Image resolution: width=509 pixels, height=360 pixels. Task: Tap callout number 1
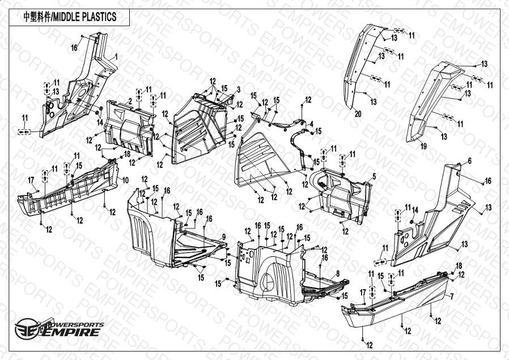point(116,57)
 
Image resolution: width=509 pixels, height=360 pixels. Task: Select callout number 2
point(130,100)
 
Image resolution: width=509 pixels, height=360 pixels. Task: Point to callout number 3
point(239,89)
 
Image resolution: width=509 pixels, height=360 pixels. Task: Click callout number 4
point(311,123)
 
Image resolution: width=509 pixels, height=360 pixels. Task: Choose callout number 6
point(469,162)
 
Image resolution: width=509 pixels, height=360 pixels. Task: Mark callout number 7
point(452,297)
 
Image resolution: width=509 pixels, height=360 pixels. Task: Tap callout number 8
point(338,273)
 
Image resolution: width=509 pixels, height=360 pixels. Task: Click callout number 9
point(224,236)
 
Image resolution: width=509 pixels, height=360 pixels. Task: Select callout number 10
point(125,179)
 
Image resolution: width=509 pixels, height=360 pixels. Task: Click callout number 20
point(358,114)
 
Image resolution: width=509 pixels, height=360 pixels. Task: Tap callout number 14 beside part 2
point(100,122)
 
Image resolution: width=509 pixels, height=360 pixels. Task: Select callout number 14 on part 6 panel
point(415,210)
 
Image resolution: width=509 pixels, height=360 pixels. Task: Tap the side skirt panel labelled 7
point(397,306)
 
